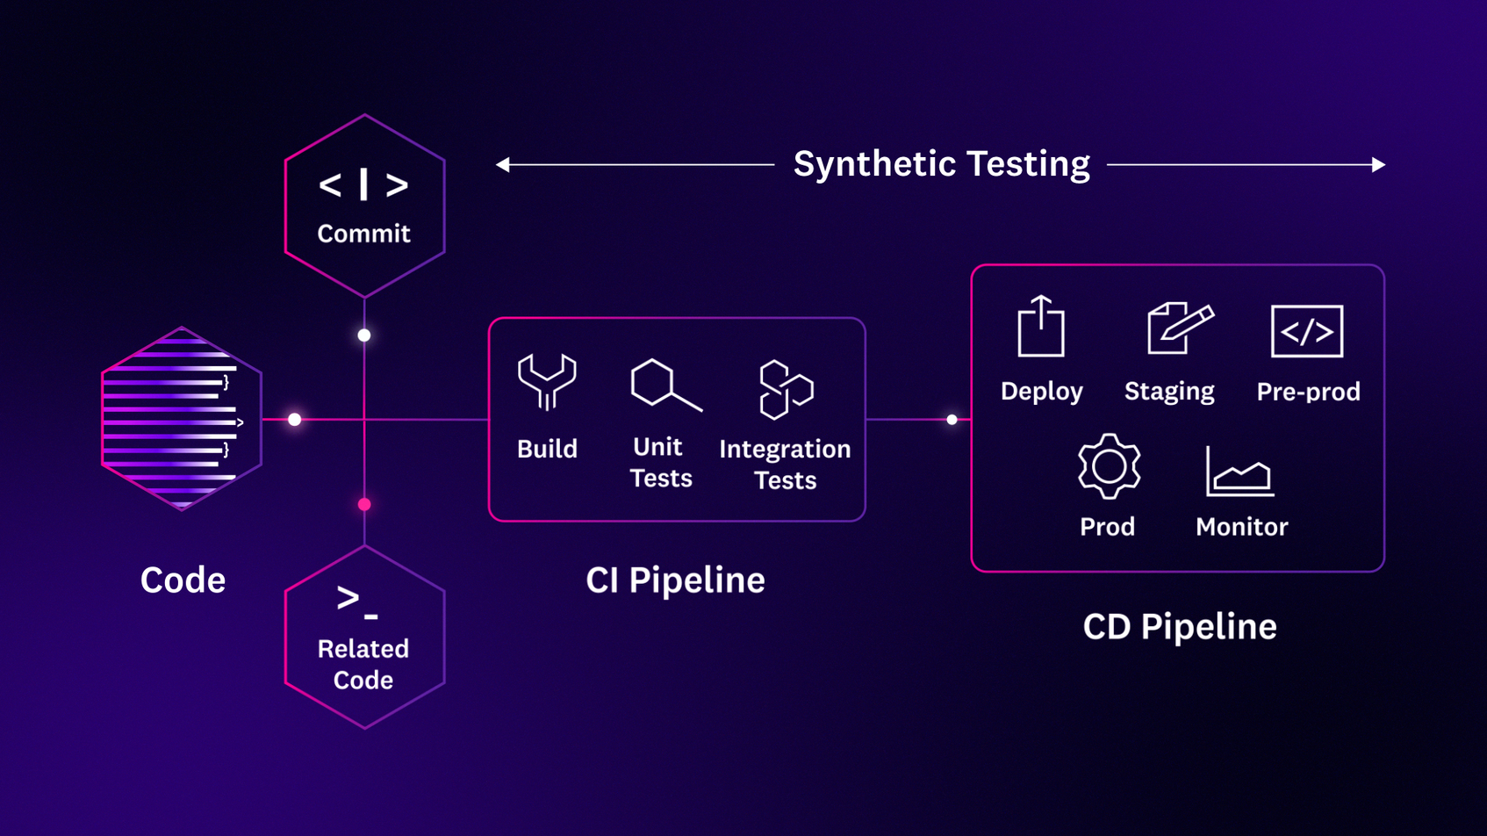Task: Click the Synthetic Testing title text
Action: coord(941,164)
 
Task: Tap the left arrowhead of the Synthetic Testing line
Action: coord(503,164)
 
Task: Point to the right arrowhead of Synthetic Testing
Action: coord(1378,164)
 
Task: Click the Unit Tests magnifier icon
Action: coord(664,385)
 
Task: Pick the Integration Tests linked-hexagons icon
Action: coord(786,389)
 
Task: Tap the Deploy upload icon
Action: coord(1041,327)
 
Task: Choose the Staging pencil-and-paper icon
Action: coord(1180,328)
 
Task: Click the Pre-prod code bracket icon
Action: coord(1307,331)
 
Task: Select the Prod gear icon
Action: coord(1109,466)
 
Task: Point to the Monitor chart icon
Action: coord(1239,472)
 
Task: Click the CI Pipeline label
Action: coord(675,580)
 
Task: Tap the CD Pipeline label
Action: coord(1179,627)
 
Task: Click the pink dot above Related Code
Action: coord(364,504)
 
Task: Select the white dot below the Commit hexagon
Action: coord(364,335)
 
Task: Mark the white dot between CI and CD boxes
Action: coord(952,420)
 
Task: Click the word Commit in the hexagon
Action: coord(363,234)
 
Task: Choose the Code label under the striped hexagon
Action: coord(183,580)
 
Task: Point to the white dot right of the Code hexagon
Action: coord(295,420)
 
